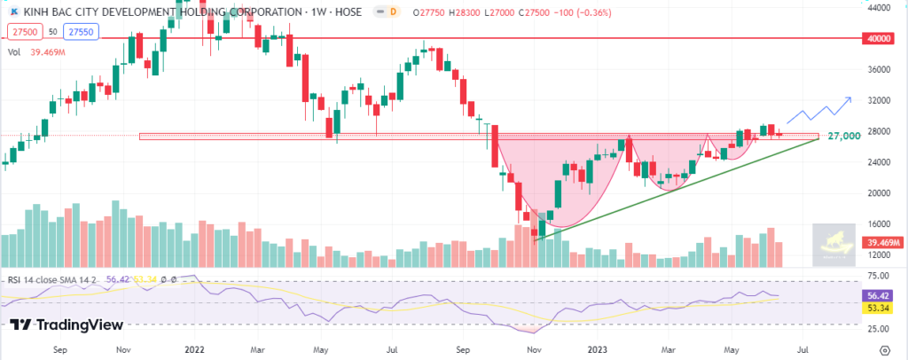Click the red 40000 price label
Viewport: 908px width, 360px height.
click(879, 39)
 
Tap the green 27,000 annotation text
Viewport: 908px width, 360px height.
click(843, 137)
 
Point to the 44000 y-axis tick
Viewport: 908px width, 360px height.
click(879, 8)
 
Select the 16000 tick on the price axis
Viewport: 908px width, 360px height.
click(879, 224)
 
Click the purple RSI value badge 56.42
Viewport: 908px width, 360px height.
click(879, 296)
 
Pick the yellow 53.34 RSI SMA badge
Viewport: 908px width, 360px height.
click(879, 308)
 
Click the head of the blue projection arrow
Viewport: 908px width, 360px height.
click(849, 98)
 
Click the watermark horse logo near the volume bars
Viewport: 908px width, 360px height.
click(835, 244)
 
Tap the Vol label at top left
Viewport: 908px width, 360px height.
click(14, 52)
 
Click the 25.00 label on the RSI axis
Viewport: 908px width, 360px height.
click(879, 328)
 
